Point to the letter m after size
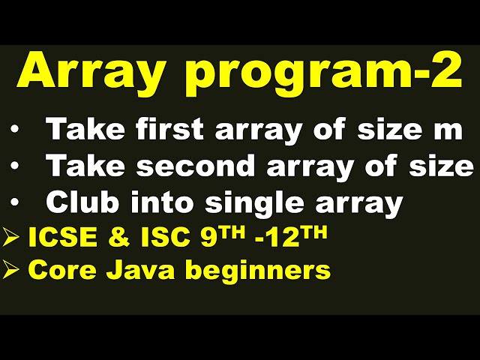448,130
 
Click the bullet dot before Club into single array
15,202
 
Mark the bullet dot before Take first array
15,130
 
